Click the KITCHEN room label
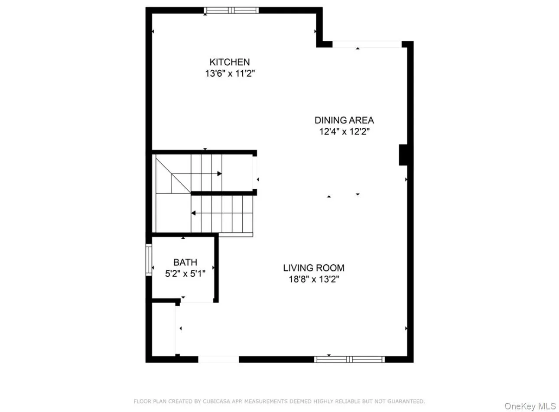coord(230,62)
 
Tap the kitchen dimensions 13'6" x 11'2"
coord(230,74)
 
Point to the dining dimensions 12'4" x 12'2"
coord(344,132)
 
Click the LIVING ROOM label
coord(314,268)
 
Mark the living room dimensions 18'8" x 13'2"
coord(314,279)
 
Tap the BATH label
coord(185,262)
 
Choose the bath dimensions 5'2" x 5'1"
coord(185,274)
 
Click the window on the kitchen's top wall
coord(231,10)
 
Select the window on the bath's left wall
coord(149,260)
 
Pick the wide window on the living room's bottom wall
coord(349,359)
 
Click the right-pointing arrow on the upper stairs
coord(219,174)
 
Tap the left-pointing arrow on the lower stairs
coord(193,213)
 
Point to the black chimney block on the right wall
coord(403,155)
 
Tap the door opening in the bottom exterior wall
coord(218,359)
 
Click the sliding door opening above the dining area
coord(367,44)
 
